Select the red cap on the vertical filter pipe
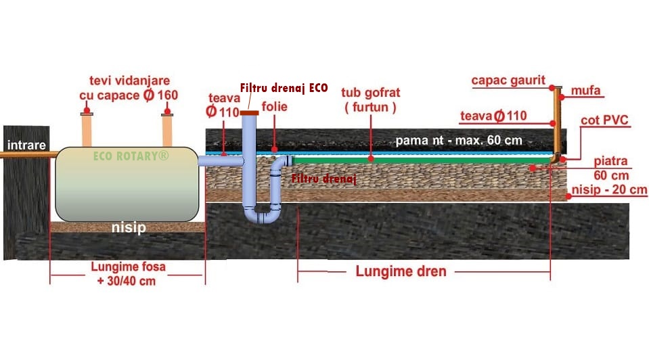click(248, 112)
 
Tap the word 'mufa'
click(586, 89)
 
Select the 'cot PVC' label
click(605, 121)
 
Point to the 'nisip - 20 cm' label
click(609, 189)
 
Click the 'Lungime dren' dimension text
click(401, 272)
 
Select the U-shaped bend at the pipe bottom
click(264, 216)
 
